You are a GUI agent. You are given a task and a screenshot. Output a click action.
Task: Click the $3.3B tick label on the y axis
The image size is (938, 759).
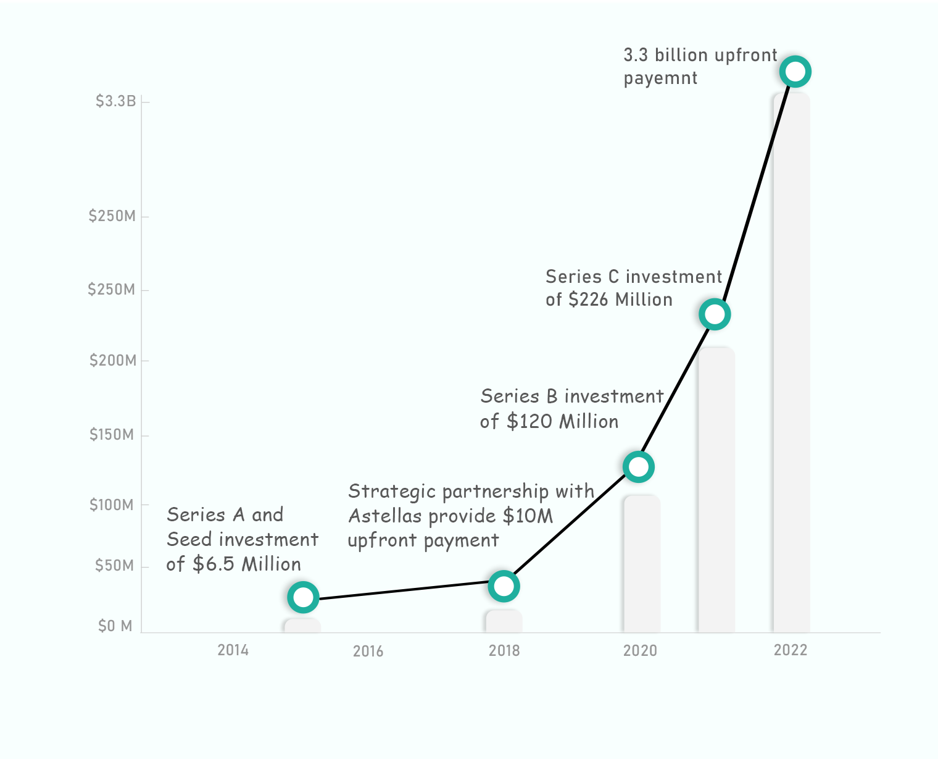point(115,101)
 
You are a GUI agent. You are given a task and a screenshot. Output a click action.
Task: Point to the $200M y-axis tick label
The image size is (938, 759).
point(113,361)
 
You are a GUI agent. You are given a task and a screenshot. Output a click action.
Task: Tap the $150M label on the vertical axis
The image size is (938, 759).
point(112,435)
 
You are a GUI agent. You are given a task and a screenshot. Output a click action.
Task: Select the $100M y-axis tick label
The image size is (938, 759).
point(112,505)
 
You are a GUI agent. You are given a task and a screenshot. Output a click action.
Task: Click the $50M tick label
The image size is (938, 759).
point(114,566)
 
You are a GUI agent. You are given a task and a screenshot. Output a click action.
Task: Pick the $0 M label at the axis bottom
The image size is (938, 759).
point(115,626)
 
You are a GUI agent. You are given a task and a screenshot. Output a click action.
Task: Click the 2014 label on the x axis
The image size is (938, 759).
point(233,650)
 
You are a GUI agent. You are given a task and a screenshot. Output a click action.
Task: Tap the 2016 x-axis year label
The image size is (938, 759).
point(368,652)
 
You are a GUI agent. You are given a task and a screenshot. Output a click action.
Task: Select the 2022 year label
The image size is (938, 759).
point(791,650)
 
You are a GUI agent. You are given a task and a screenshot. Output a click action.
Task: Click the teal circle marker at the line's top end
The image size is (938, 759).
point(795,72)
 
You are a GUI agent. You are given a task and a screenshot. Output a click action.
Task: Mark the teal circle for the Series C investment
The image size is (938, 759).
point(715,314)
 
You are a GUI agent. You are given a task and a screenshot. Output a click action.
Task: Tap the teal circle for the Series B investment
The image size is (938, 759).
point(638,467)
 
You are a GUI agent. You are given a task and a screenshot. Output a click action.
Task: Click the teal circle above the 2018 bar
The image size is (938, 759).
point(504,586)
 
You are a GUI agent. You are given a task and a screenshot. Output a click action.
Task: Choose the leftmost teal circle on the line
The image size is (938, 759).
point(303,597)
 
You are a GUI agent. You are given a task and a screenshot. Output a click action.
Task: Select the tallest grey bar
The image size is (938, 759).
point(791,364)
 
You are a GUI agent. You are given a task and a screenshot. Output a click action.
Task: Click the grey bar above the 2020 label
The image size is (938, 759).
point(642,563)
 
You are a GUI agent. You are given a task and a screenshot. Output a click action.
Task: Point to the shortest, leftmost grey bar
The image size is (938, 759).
point(302,625)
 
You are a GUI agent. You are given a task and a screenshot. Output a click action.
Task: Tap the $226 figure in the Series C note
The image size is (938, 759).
point(589,300)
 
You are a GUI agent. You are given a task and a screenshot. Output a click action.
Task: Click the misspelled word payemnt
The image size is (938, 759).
point(660,78)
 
